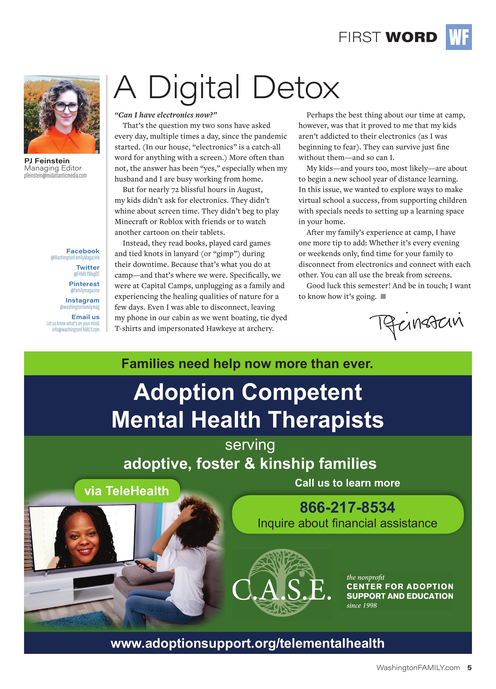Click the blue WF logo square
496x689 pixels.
coord(458,37)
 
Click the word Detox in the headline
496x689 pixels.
coord(296,88)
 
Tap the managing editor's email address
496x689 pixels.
coord(56,176)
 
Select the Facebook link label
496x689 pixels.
coord(83,251)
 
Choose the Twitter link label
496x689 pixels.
coord(88,267)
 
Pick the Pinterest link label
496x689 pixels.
coord(84,284)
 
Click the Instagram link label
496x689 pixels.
coord(82,300)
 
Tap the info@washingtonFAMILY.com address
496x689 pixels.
coord(76,329)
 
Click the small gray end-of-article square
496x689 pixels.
coord(383,297)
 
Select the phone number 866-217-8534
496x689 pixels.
coord(347,508)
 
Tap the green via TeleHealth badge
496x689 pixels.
coord(127,491)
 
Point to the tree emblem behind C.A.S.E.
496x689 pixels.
coord(282,574)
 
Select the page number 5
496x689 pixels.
coord(469,668)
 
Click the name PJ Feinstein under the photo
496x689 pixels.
coord(47,161)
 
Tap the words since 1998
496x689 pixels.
coord(362,606)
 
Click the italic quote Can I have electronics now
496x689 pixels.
coord(166,115)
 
